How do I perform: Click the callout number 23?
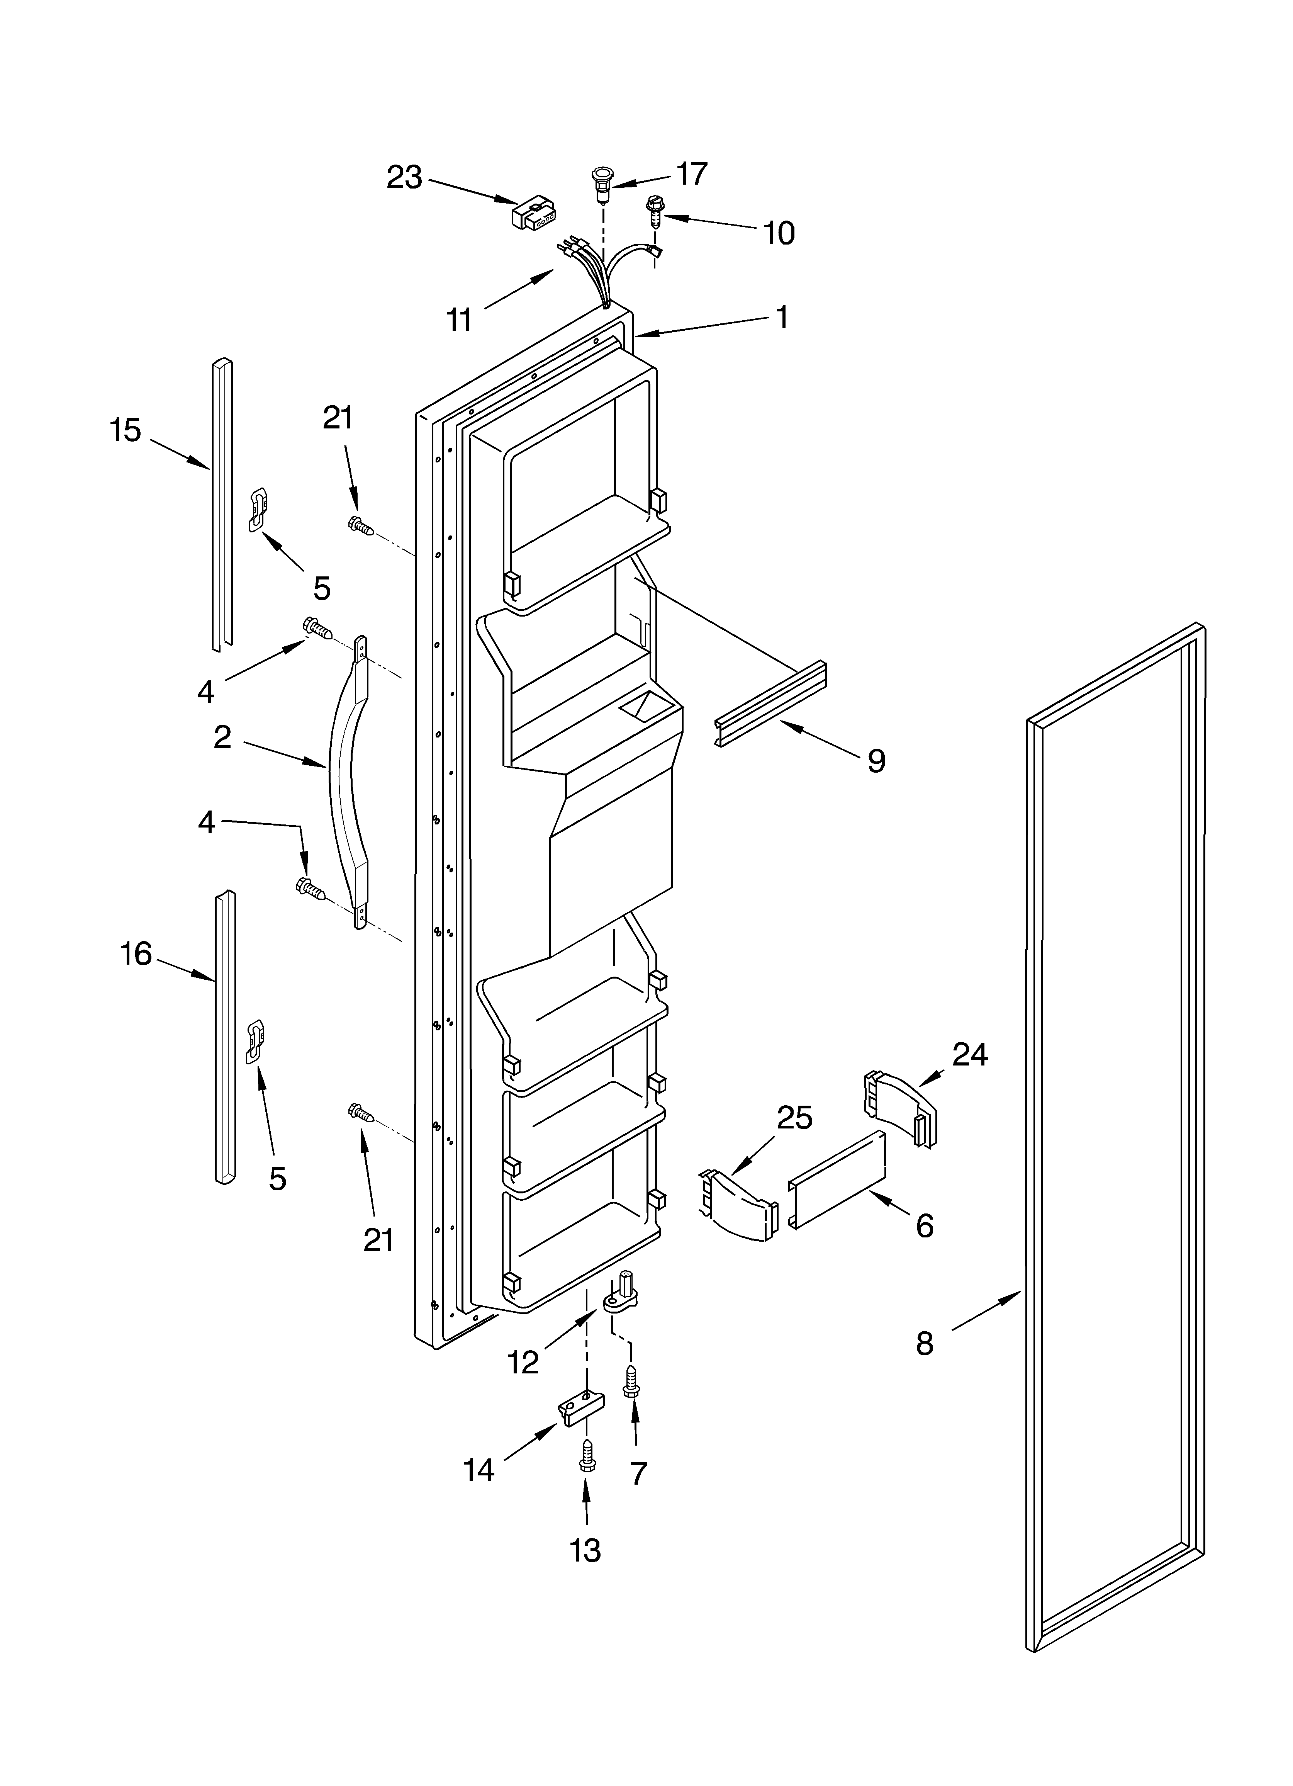(x=404, y=178)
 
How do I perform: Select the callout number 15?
(x=125, y=431)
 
